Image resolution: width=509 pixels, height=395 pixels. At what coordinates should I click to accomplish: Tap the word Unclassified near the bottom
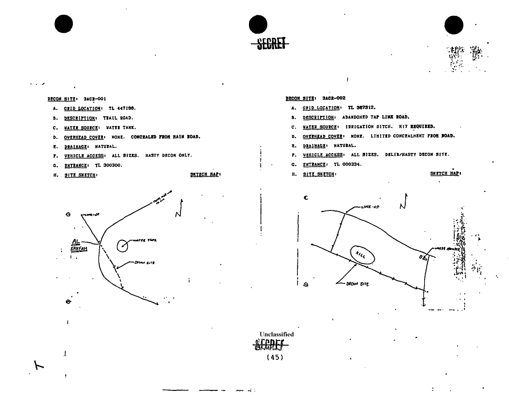276,334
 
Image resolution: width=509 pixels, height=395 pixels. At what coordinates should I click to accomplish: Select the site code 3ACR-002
334,98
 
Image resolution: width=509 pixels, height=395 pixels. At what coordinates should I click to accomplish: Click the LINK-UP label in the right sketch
364,208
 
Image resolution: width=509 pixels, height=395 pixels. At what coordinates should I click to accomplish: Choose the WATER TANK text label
142,240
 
